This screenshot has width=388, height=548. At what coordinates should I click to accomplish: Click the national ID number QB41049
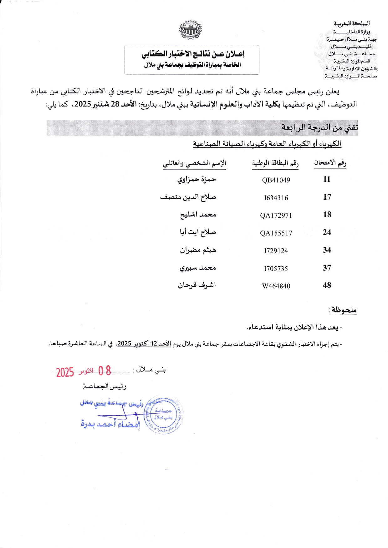pyautogui.click(x=276, y=180)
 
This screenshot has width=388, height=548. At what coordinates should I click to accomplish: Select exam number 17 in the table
pyautogui.click(x=327, y=197)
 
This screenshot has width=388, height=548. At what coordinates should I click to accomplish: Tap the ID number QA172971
pyautogui.click(x=276, y=215)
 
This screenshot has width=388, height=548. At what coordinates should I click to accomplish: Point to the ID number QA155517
pyautogui.click(x=276, y=233)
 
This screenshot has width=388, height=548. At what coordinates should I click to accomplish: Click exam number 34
pyautogui.click(x=327, y=250)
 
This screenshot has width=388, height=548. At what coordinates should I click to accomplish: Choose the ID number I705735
pyautogui.click(x=276, y=268)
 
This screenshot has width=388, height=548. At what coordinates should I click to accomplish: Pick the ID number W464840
pyautogui.click(x=276, y=286)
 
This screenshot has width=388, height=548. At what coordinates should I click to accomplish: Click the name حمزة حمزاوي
pyautogui.click(x=197, y=179)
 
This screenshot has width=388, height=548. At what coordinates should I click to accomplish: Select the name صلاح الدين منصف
pyautogui.click(x=188, y=197)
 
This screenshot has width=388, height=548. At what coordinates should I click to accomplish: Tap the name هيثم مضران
pyautogui.click(x=198, y=250)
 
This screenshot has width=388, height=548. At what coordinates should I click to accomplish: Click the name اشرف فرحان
pyautogui.click(x=197, y=285)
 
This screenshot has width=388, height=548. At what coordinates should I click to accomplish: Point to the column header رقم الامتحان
pyautogui.click(x=330, y=163)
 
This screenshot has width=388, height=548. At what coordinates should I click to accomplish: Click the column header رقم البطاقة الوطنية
pyautogui.click(x=275, y=163)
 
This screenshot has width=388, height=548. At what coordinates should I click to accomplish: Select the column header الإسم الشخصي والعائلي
pyautogui.click(x=194, y=163)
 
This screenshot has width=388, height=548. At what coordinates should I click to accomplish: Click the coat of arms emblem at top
pyautogui.click(x=191, y=30)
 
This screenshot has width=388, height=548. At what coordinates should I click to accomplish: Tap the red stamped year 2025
pyautogui.click(x=65, y=372)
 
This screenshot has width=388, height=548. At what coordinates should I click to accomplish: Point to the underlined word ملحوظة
pyautogui.click(x=344, y=310)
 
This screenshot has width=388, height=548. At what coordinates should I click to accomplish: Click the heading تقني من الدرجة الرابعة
pyautogui.click(x=319, y=127)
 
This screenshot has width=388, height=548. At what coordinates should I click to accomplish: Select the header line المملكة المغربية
pyautogui.click(x=351, y=23)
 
